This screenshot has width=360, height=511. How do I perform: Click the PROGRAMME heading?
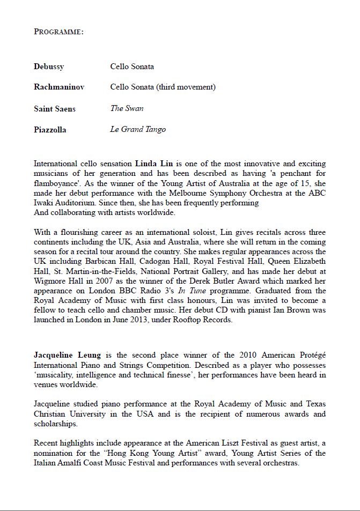click(x=58, y=32)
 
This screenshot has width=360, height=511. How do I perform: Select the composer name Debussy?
click(x=49, y=67)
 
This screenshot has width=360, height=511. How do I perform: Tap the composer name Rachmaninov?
click(x=59, y=87)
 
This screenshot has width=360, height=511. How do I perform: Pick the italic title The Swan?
click(x=127, y=108)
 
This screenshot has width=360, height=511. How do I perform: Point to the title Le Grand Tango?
click(x=138, y=129)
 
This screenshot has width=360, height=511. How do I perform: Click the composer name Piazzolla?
click(x=50, y=130)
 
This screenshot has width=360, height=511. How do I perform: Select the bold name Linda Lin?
click(x=153, y=164)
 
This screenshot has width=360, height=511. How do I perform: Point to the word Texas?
click(x=311, y=404)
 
